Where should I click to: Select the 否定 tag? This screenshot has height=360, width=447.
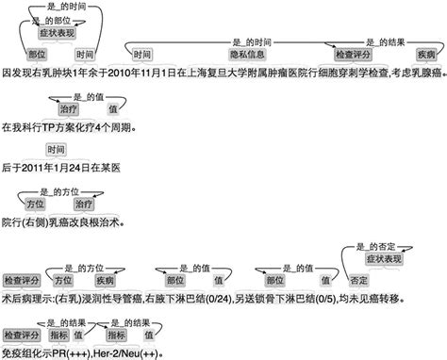359,280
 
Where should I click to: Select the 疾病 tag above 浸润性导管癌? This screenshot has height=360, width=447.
103,280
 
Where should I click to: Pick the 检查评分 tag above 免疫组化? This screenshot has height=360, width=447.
20,335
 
